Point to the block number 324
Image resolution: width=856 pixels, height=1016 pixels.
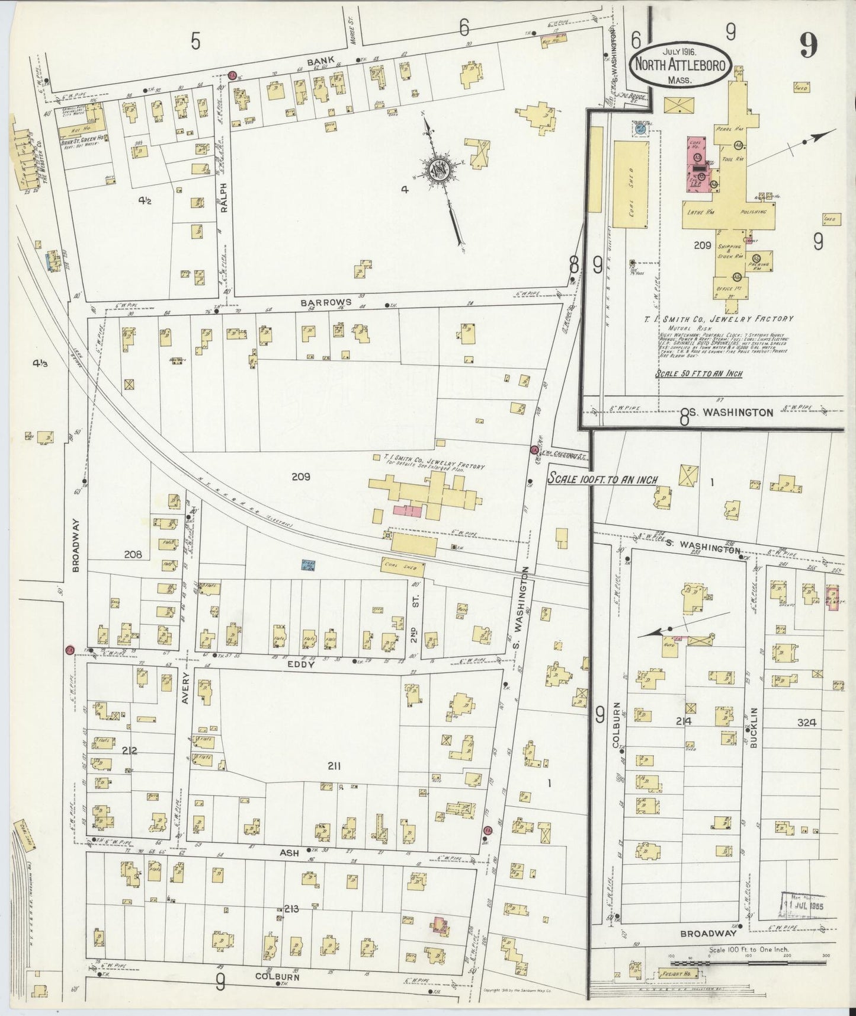[x=807, y=723]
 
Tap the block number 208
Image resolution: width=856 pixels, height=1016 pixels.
[x=133, y=555]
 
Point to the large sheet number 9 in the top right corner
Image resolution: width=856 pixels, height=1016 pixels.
[x=808, y=44]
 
